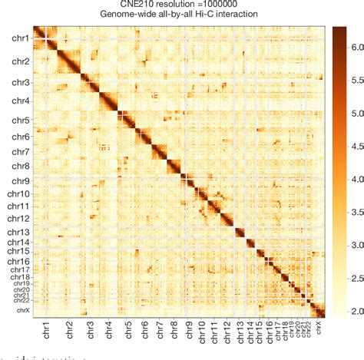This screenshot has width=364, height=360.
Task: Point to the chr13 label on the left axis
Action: pos(19,232)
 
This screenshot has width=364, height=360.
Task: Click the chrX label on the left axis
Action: pos(23,311)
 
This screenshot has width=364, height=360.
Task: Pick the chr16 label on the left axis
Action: pos(19,262)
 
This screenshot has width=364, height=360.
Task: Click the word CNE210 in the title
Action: pos(132,5)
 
